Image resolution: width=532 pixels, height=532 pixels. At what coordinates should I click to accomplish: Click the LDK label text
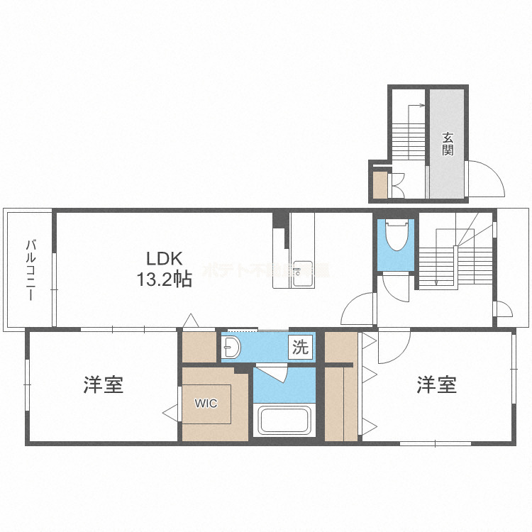click(165, 257)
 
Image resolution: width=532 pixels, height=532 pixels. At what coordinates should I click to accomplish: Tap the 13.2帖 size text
click(165, 279)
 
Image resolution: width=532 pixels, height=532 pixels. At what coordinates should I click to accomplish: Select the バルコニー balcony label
click(30, 270)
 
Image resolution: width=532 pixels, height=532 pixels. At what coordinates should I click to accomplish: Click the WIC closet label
click(206, 402)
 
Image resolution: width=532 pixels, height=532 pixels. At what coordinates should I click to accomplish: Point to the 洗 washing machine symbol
click(301, 348)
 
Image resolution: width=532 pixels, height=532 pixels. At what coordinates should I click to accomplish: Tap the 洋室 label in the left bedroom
click(104, 385)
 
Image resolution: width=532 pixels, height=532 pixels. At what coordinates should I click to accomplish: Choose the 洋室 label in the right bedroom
click(436, 385)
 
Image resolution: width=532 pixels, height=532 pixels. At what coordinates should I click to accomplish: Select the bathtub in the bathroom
click(284, 420)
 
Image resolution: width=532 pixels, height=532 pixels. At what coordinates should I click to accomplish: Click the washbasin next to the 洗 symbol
click(233, 347)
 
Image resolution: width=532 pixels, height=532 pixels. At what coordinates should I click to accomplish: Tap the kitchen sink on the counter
click(303, 270)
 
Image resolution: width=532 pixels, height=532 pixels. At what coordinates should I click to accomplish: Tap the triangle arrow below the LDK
click(190, 321)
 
